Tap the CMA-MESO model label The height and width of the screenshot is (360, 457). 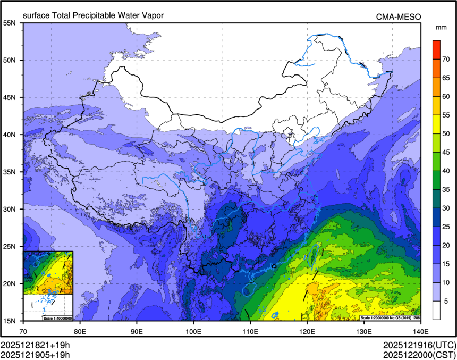pos(399,16)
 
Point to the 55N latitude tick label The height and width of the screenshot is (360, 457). pos(9,23)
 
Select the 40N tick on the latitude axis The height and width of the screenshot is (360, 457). pos(9,135)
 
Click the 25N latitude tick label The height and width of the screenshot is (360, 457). pos(9,246)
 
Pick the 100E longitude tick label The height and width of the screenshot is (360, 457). pos(193,331)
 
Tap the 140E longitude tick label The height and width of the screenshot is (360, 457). pos(420,331)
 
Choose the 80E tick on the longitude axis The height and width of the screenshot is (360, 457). pos(80,331)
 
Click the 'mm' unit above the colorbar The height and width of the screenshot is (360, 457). pos(441,27)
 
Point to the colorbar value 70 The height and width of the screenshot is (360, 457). pos(447,60)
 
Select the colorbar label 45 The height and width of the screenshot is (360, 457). pos(447,152)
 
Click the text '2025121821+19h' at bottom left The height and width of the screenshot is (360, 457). pos(36,345)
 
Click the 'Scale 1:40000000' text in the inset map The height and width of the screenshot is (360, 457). pos(57,318)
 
